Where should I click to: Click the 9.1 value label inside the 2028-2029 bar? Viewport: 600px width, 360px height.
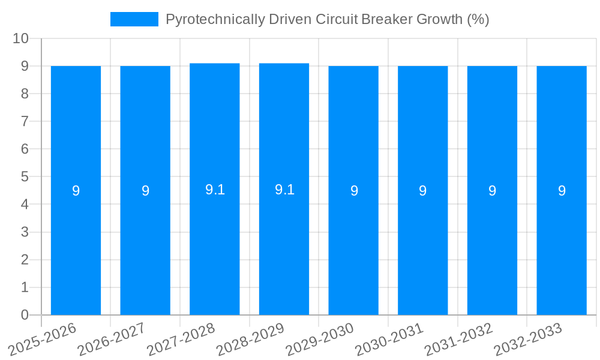pyautogui.click(x=284, y=190)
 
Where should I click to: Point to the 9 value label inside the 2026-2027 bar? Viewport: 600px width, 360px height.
pyautogui.click(x=145, y=191)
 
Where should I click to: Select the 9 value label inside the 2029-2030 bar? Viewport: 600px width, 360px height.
pyautogui.click(x=354, y=191)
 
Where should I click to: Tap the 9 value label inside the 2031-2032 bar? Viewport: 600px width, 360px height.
pyautogui.click(x=492, y=191)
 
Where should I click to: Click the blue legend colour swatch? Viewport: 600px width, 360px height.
pyautogui.click(x=134, y=19)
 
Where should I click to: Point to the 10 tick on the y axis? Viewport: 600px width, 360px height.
pyautogui.click(x=21, y=38)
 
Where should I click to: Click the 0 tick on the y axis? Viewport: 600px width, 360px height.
pyautogui.click(x=25, y=315)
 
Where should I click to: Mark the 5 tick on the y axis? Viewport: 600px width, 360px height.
pyautogui.click(x=25, y=177)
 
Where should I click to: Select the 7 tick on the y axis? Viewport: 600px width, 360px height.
pyautogui.click(x=25, y=121)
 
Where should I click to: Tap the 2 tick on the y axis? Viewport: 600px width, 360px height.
pyautogui.click(x=25, y=260)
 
